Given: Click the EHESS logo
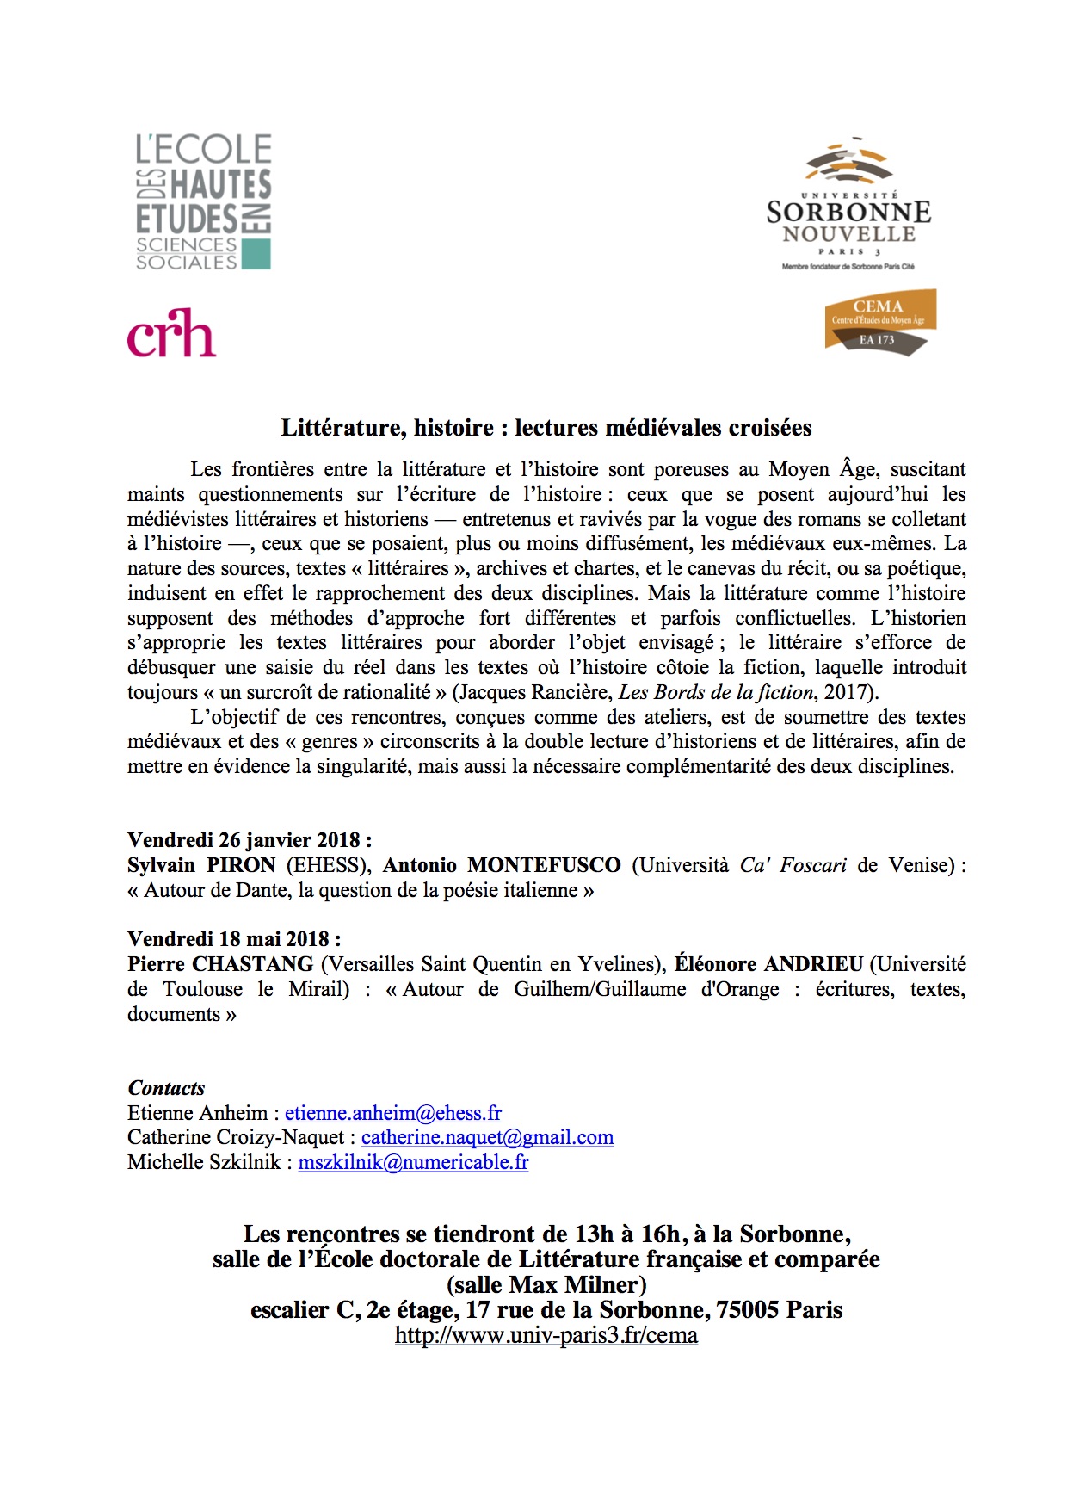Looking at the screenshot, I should point(204,202).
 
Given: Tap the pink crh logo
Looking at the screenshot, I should point(171,333).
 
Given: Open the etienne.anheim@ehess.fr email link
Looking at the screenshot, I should point(393,1113).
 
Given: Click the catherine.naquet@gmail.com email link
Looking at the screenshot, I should point(487,1137).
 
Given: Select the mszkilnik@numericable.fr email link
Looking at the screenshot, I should point(413,1162).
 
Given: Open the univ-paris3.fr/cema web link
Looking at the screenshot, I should point(546,1335).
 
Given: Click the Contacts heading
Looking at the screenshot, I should point(166,1088).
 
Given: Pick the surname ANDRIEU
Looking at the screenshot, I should point(813,964).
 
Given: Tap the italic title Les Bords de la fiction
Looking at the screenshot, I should point(716,692).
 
